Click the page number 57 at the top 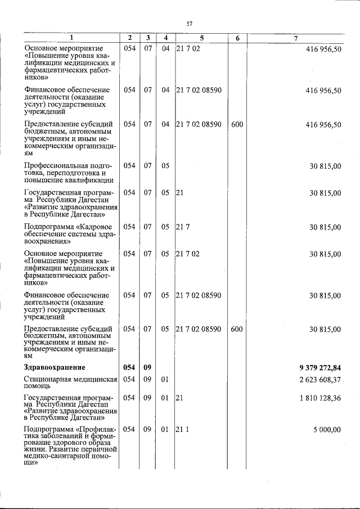click(190, 23)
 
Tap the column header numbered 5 click(201, 38)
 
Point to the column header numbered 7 click(296, 38)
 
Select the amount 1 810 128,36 click(318, 398)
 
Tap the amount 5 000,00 click(327, 430)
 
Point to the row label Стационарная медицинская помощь click(70, 382)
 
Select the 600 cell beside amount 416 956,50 click(237, 124)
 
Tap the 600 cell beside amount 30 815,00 click(237, 328)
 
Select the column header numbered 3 click(147, 38)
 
